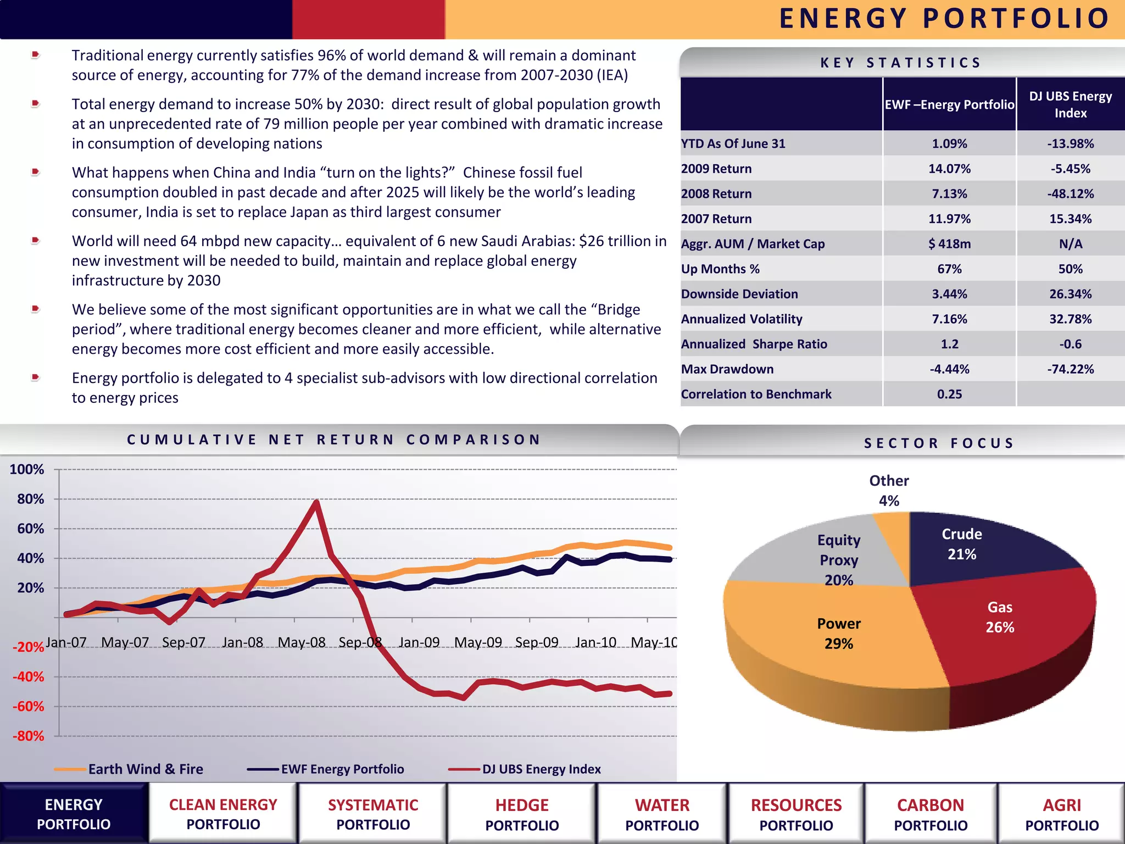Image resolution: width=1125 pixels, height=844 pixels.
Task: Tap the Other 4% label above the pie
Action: (x=889, y=490)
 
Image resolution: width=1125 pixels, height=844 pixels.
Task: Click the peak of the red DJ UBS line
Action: (x=317, y=502)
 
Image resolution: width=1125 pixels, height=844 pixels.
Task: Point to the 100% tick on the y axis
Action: (x=27, y=470)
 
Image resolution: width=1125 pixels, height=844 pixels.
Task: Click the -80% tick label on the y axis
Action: (x=28, y=736)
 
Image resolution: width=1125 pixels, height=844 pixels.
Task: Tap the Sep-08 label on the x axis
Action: (x=360, y=642)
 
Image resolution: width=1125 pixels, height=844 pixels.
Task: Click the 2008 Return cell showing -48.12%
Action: (x=1070, y=194)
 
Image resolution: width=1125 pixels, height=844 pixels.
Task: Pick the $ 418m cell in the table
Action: (x=949, y=244)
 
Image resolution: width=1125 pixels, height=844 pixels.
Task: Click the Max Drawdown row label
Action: (x=727, y=369)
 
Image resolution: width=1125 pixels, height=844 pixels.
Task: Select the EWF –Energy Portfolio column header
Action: (x=949, y=104)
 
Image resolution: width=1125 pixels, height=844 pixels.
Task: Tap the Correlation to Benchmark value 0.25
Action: (x=949, y=395)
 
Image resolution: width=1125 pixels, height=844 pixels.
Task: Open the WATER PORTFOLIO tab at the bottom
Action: (x=662, y=814)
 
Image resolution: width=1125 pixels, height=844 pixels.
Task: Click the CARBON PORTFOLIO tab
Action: (x=931, y=814)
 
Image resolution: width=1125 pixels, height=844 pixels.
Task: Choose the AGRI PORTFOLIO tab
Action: (x=1062, y=814)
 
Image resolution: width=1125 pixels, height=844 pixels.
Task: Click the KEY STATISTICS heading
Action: (x=901, y=63)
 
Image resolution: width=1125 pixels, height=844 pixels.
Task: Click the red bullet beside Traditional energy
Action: (x=36, y=54)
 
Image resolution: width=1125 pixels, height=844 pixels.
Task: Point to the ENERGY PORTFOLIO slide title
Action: (x=945, y=19)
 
